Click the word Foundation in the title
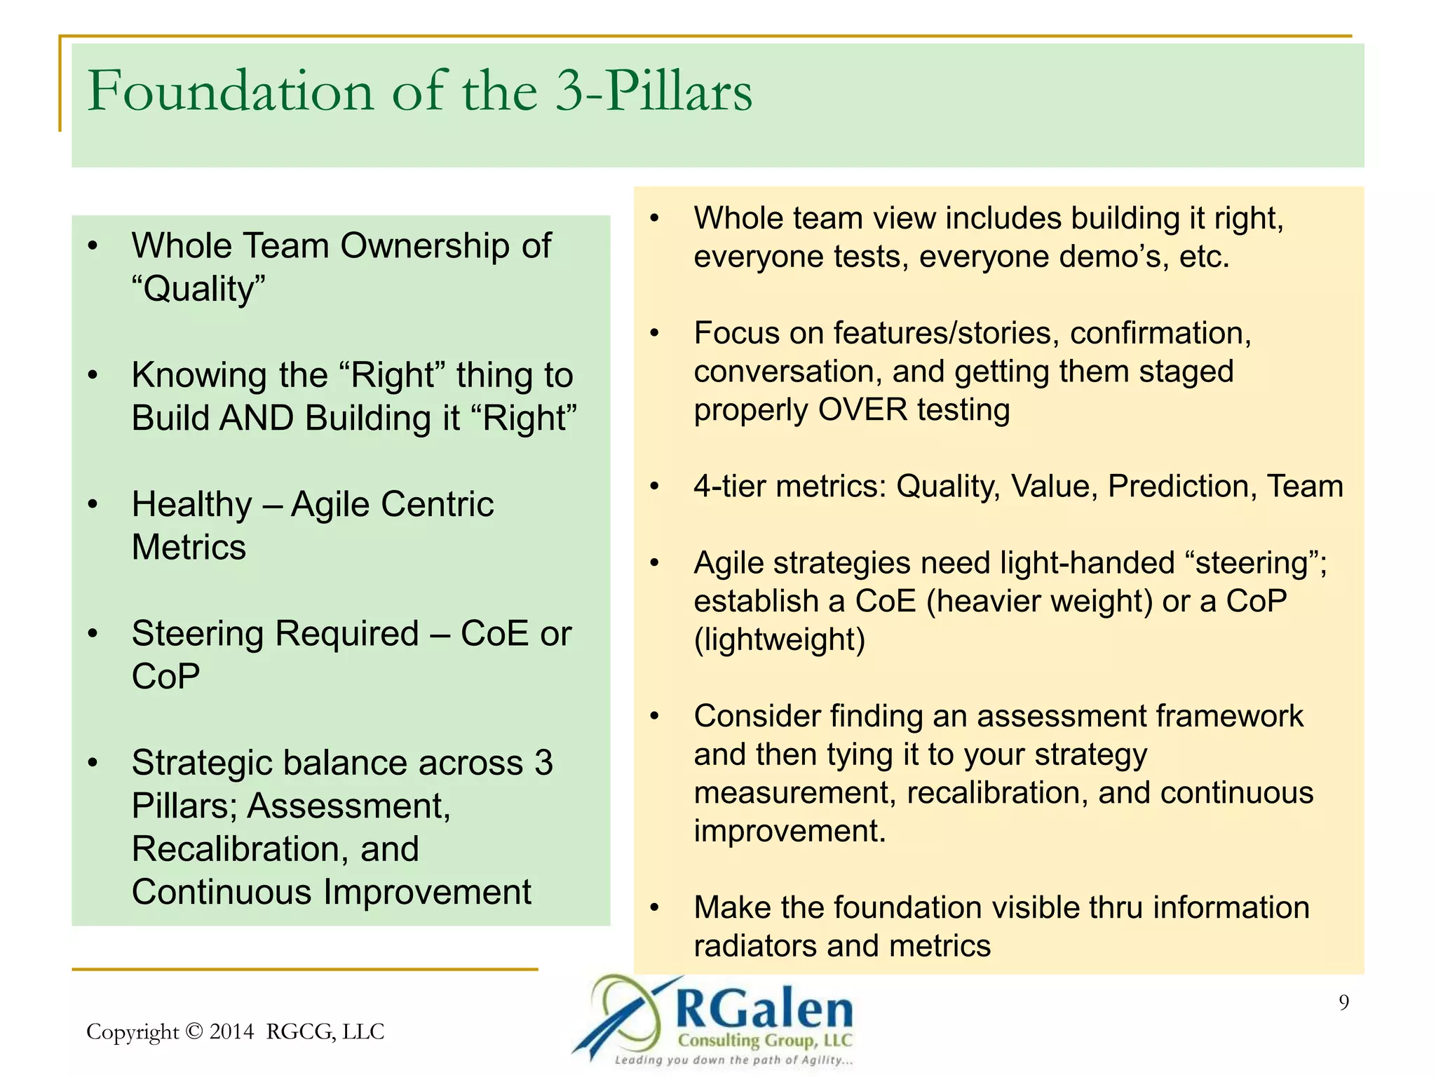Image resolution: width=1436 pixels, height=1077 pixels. (231, 92)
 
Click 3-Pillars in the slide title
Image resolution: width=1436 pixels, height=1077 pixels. (653, 92)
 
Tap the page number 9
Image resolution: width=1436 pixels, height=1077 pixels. (1343, 1003)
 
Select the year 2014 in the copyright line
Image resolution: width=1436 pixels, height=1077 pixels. (231, 1031)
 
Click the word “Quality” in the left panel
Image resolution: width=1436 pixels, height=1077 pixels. (199, 289)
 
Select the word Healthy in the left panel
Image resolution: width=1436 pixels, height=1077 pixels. (191, 505)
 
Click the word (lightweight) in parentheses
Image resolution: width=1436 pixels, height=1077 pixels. (779, 640)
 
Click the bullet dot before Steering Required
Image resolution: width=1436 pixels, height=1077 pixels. (93, 634)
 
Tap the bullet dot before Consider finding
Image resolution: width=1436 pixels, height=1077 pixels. (654, 717)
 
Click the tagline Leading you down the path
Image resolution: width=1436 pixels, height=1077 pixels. (733, 1060)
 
